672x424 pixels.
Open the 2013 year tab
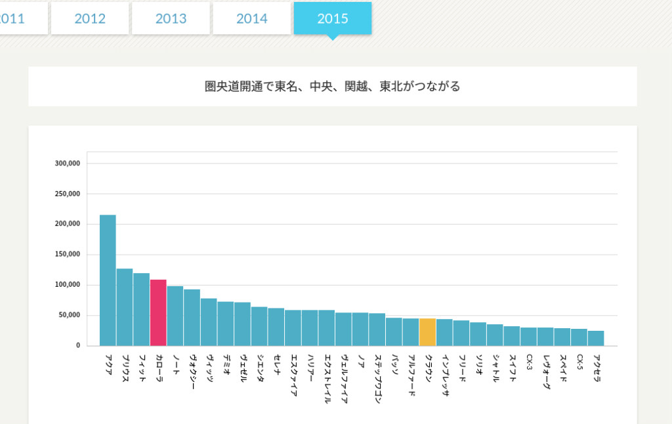click(x=171, y=18)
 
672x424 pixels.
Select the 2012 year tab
click(x=90, y=18)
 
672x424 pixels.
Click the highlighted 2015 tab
click(x=333, y=18)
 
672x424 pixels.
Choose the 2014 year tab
click(x=252, y=18)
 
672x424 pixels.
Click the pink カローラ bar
click(x=158, y=312)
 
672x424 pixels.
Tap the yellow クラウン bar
click(x=427, y=332)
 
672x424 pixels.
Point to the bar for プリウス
click(x=125, y=307)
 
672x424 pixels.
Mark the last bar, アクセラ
click(x=595, y=338)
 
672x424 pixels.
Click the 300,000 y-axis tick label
click(x=68, y=163)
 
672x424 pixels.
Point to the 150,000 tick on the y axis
click(x=68, y=255)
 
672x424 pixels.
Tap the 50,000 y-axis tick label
click(x=70, y=315)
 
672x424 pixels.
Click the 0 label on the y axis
click(x=77, y=345)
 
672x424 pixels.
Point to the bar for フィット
click(x=141, y=309)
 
